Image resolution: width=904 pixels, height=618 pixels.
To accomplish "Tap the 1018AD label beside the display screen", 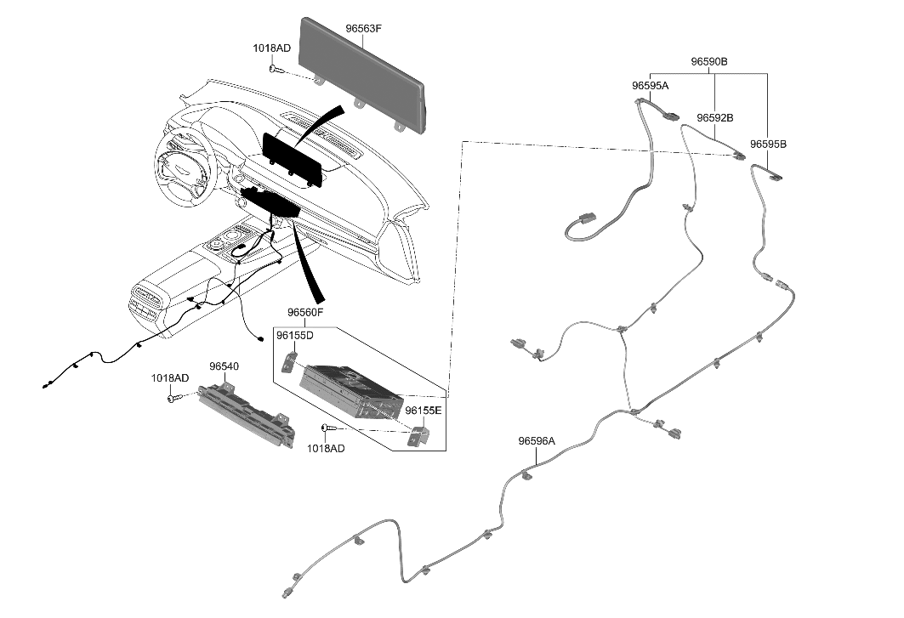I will click(x=271, y=48).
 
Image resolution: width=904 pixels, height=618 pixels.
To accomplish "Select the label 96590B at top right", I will click(x=708, y=62).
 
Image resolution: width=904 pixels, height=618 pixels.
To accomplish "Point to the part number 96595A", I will click(x=650, y=86).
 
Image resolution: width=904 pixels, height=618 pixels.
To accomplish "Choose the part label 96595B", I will click(x=768, y=145).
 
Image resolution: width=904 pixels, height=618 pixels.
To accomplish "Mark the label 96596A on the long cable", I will click(x=537, y=441).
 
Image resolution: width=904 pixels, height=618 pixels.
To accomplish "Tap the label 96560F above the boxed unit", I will click(x=305, y=313).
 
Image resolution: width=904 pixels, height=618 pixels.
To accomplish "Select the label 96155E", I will click(x=423, y=411).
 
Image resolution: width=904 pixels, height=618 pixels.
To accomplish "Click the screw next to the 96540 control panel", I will click(x=175, y=396).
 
